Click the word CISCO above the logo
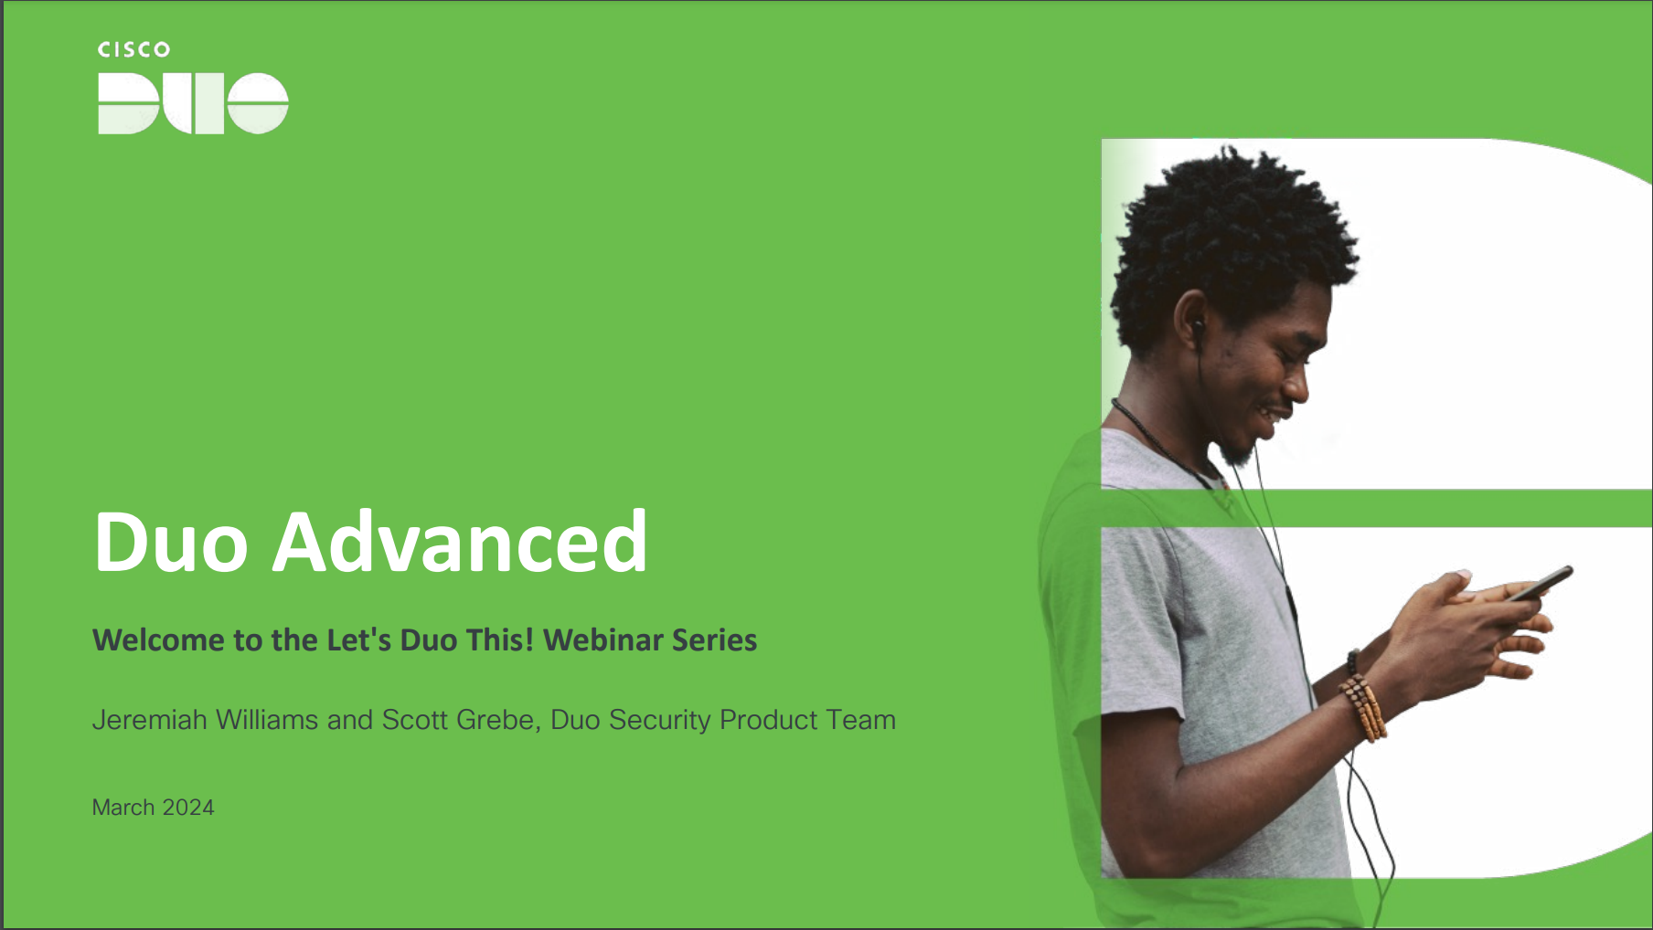coord(133,49)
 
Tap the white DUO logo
coord(193,103)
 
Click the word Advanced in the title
coord(460,542)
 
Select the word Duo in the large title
coord(171,542)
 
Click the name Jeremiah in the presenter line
coord(150,720)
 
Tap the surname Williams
coord(267,720)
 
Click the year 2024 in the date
coord(188,808)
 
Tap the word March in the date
coord(123,808)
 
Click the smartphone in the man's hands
coord(1541,583)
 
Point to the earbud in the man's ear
coord(1197,324)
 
